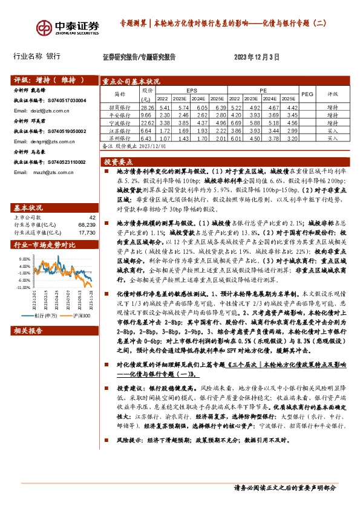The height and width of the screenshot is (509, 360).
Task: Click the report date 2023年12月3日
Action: point(257,57)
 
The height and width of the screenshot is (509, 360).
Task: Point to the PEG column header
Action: point(307,94)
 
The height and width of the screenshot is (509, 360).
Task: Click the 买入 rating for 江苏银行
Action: point(332,131)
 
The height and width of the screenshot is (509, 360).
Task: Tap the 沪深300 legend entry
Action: point(81,315)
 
